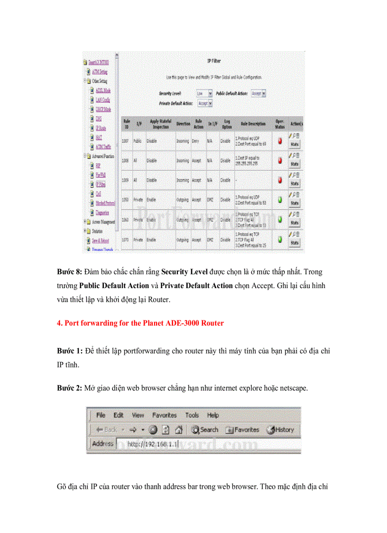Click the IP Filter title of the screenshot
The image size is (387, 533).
214,61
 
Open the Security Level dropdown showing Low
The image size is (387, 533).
204,94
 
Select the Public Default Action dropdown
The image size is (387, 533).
258,94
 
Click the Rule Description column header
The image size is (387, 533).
253,124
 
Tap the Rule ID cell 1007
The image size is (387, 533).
126,141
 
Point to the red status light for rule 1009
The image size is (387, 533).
280,180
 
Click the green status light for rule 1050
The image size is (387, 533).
280,200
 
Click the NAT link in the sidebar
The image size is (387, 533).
98,137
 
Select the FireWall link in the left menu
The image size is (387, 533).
100,175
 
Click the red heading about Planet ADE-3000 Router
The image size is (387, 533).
140,323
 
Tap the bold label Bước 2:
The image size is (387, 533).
70,388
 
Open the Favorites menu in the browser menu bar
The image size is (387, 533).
164,415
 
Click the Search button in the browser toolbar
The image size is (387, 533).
205,430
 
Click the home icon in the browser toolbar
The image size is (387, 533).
178,430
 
